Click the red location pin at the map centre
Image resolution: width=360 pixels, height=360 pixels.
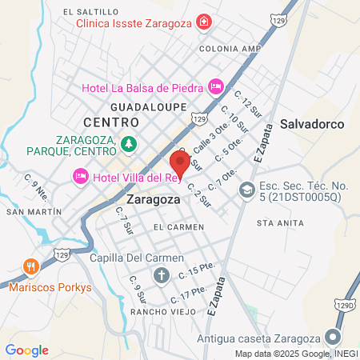point(180,162)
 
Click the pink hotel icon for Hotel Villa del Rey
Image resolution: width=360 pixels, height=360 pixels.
point(79,175)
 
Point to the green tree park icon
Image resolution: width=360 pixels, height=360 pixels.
point(129,144)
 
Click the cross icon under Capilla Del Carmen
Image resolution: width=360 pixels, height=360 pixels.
point(161,277)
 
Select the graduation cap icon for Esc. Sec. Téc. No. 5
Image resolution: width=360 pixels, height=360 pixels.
point(246,190)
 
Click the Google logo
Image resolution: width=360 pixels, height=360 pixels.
point(26,350)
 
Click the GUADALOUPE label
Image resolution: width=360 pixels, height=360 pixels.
point(148,106)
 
